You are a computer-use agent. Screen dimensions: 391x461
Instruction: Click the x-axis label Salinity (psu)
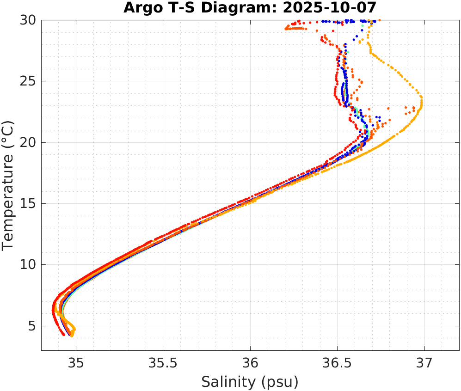(x=250, y=382)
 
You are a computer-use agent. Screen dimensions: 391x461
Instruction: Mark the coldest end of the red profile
(x=64, y=334)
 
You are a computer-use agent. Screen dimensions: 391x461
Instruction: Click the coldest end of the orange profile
(x=72, y=336)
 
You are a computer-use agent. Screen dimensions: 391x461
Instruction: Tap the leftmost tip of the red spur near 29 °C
(x=286, y=29)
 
